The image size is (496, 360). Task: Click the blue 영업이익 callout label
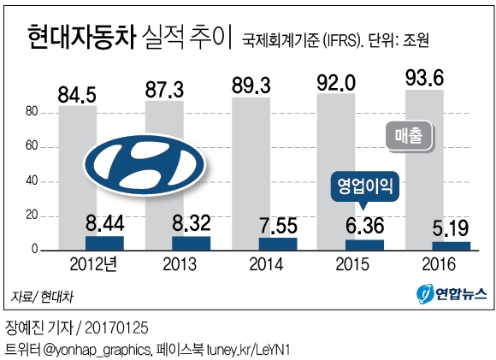(364, 184)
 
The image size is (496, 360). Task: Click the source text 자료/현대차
(41, 297)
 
